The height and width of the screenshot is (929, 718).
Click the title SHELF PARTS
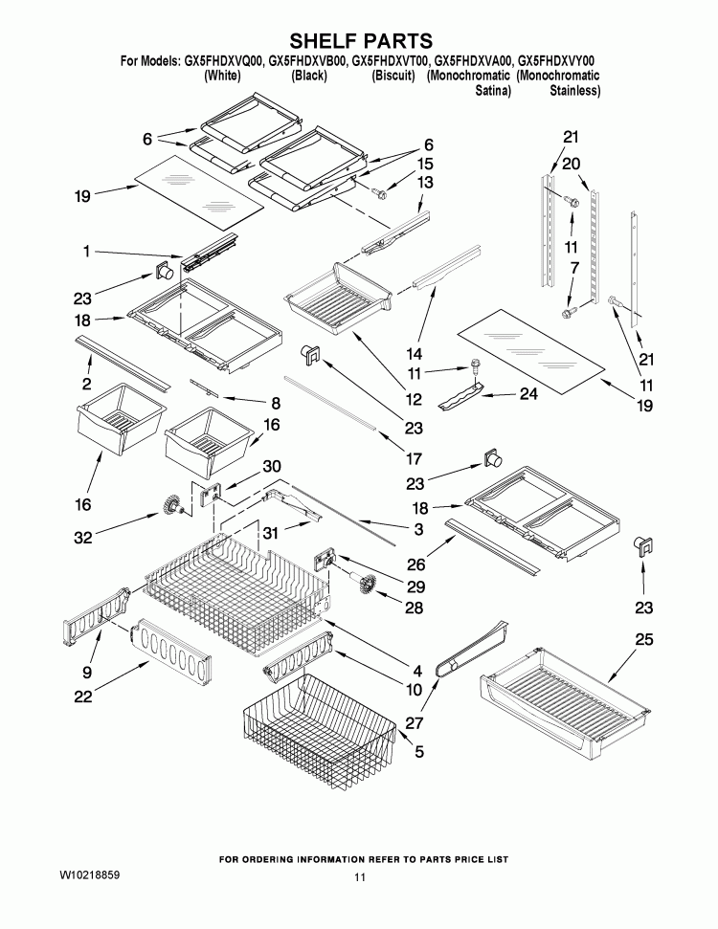pos(359,40)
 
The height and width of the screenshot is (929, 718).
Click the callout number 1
pos(86,252)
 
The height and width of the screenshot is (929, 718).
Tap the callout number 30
pos(272,466)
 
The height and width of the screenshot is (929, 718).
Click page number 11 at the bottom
pos(359,877)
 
